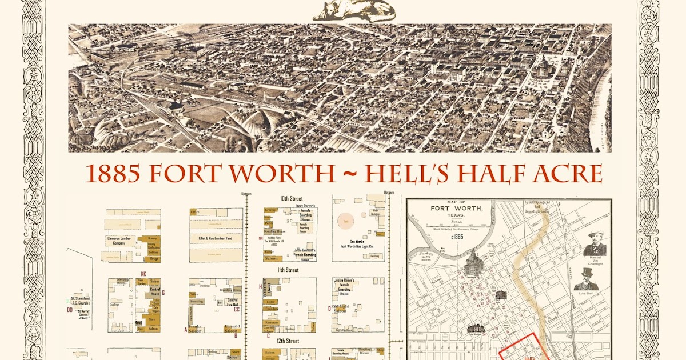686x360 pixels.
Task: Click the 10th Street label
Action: tap(291, 198)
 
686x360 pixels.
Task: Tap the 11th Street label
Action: tap(289, 270)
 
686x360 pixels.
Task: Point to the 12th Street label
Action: tap(289, 341)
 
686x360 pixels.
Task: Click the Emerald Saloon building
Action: tap(231, 329)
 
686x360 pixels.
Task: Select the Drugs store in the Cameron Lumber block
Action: tap(152, 258)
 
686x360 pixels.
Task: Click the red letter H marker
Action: tap(261, 286)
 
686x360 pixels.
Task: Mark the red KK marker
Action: tap(143, 274)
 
